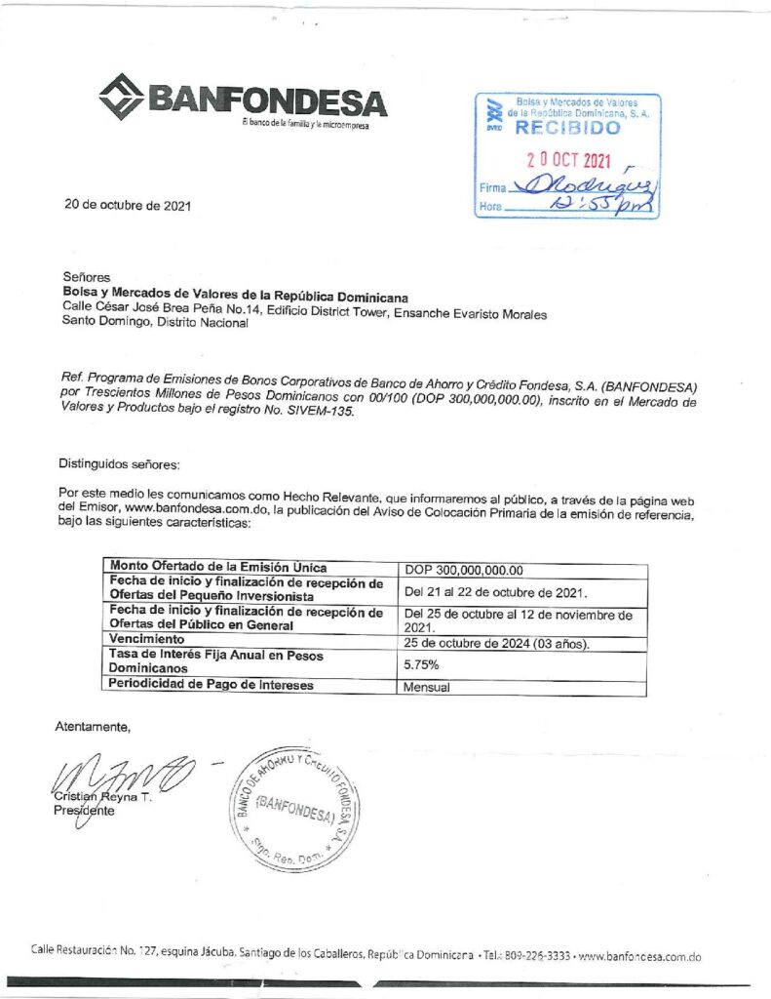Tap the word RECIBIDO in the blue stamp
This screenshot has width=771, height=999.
pyautogui.click(x=566, y=128)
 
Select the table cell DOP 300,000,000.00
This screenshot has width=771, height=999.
pyautogui.click(x=464, y=571)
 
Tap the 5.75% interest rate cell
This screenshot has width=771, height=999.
pyautogui.click(x=421, y=663)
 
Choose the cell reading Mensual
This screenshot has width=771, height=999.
pyautogui.click(x=427, y=686)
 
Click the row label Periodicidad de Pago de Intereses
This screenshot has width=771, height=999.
pyautogui.click(x=211, y=684)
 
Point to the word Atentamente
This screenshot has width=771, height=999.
pyautogui.click(x=92, y=726)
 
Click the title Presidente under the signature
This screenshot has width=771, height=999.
pyautogui.click(x=84, y=811)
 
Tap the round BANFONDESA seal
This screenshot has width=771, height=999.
pyautogui.click(x=293, y=812)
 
